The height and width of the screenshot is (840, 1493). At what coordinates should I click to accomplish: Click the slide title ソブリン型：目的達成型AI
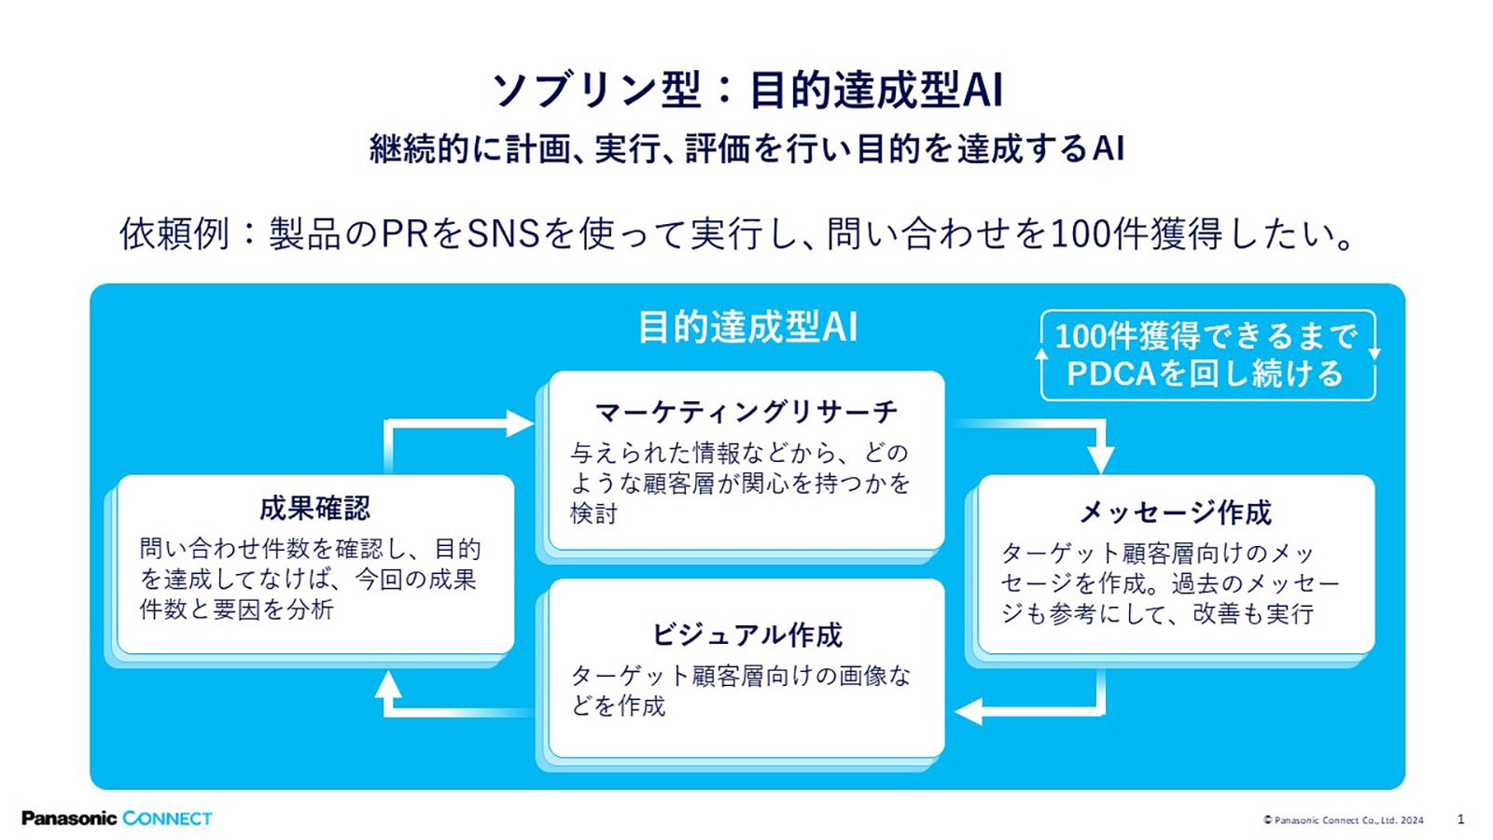pos(746,91)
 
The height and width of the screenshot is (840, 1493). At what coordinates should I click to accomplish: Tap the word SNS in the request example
pos(504,233)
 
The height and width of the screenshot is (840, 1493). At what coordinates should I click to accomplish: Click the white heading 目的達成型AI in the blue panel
pos(746,328)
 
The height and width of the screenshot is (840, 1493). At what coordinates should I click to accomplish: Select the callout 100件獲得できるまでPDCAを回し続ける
pos(1207,355)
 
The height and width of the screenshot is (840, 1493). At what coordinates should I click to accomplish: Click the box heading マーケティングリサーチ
pos(746,412)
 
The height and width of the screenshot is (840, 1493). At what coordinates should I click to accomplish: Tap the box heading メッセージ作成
pos(1175,512)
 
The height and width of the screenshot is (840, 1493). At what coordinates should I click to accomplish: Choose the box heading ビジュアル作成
pos(746,636)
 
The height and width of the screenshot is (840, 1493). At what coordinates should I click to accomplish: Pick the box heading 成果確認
pos(314,509)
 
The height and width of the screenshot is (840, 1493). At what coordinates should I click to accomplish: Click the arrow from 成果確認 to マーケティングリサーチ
pos(448,425)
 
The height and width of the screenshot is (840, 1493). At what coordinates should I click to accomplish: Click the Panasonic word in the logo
pos(69,819)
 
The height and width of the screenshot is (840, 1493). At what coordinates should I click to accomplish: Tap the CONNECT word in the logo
pos(168,819)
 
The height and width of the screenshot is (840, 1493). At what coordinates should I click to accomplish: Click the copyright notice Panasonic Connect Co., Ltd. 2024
pos(1344,820)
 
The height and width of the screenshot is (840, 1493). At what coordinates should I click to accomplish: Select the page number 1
pos(1460,819)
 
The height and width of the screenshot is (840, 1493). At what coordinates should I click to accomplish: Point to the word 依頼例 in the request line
pos(174,233)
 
